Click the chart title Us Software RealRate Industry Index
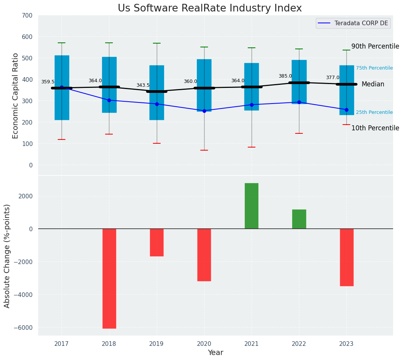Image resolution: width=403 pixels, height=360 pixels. [x=210, y=8]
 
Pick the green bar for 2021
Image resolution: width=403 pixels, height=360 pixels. [x=252, y=206]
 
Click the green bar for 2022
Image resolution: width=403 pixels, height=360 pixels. [x=299, y=219]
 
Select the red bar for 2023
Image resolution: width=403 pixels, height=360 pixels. [x=346, y=257]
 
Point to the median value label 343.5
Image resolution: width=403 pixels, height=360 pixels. [x=143, y=85]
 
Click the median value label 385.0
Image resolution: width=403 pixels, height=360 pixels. [x=285, y=76]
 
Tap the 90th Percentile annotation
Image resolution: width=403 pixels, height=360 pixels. [x=375, y=46]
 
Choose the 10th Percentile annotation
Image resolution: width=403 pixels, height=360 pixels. [x=375, y=128]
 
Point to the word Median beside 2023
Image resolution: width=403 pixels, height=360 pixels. [x=373, y=84]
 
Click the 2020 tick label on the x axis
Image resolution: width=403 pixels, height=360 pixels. [x=204, y=344]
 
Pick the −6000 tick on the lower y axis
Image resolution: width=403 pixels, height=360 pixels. [x=24, y=328]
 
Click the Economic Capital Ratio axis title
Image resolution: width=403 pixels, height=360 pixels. [x=15, y=96]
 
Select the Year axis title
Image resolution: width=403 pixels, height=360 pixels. [x=216, y=353]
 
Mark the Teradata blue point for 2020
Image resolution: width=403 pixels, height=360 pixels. [x=204, y=111]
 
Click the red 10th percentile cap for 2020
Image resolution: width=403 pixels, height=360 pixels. [x=204, y=150]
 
